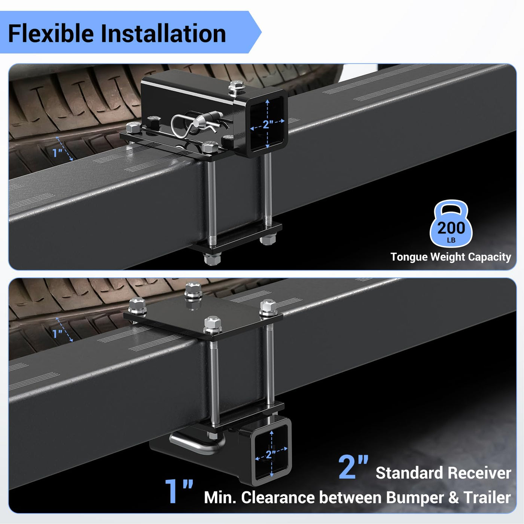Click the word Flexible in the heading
tap(51, 33)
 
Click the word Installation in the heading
tap(163, 33)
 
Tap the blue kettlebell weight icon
tap(451, 223)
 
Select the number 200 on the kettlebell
tap(451, 228)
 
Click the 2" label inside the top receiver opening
tap(268, 124)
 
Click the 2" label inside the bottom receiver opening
tap(271, 454)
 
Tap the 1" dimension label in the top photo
tap(58, 153)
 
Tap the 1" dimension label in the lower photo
tap(57, 333)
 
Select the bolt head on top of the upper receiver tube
tap(237, 86)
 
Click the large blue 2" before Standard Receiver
tap(353, 467)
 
